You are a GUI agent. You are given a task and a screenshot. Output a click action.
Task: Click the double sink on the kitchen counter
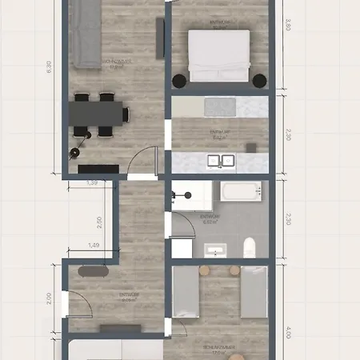pyautogui.click(x=221, y=160)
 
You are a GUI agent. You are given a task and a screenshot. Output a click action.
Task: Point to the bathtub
pyautogui.click(x=241, y=192)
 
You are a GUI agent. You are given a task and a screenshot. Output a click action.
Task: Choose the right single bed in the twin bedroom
pyautogui.click(x=254, y=293)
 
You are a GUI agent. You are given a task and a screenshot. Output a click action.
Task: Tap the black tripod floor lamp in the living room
pyautogui.click(x=77, y=150)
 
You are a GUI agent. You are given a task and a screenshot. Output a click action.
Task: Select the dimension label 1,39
pyautogui.click(x=93, y=184)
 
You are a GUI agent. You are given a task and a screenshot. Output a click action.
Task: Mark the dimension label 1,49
pyautogui.click(x=94, y=245)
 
